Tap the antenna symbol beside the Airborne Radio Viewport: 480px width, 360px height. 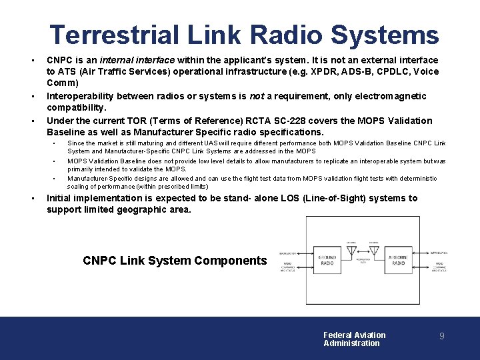[x=374, y=249]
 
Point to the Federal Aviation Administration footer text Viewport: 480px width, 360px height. [x=354, y=339]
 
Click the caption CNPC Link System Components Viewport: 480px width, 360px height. [x=175, y=261]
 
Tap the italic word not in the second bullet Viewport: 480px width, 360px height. [x=257, y=96]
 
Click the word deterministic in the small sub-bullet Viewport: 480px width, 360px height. [x=413, y=179]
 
